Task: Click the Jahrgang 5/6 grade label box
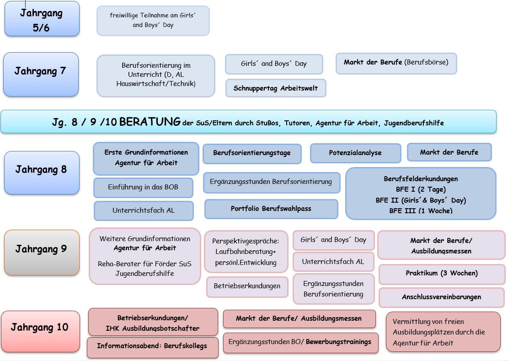42,19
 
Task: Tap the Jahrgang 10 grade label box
39,328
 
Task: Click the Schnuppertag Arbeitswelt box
275,88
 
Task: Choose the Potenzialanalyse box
355,153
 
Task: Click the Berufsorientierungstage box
251,153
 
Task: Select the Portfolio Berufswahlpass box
271,209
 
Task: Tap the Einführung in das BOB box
143,187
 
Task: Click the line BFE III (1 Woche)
421,211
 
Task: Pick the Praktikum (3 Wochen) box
441,274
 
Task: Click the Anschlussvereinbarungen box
441,297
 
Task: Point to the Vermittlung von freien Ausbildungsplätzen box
443,332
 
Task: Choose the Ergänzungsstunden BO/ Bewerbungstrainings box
300,342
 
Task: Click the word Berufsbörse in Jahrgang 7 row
427,62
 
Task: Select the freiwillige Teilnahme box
153,21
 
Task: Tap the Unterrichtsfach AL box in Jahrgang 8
143,211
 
